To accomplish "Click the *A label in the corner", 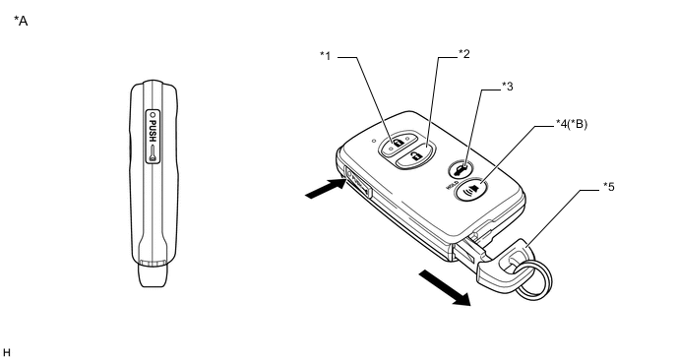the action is [x=21, y=21].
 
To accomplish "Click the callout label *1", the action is [x=325, y=56].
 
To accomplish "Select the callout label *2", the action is [x=463, y=54].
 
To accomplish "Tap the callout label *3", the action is [x=508, y=87].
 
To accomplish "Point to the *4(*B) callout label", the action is [x=571, y=124].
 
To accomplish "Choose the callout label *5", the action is [x=609, y=187].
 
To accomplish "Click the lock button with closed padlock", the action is [x=399, y=143].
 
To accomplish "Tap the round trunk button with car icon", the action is [x=461, y=169].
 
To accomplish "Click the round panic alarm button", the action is [x=470, y=189].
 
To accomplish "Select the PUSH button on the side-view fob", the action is [x=153, y=137].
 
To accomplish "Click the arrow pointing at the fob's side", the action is [x=326, y=190].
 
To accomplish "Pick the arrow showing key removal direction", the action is [x=445, y=288].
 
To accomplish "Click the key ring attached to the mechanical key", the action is [x=533, y=277].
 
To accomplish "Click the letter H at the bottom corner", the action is [x=6, y=353].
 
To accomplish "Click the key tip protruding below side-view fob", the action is [x=152, y=274].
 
